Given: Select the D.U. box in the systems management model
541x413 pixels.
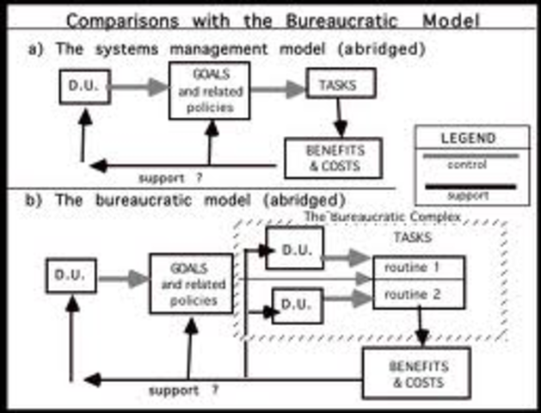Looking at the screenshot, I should click(x=85, y=87).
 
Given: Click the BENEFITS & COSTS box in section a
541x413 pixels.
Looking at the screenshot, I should click(x=333, y=157).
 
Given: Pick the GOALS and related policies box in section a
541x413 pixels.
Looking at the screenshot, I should click(x=209, y=90).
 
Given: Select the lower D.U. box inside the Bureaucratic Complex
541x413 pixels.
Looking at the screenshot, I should click(x=297, y=304).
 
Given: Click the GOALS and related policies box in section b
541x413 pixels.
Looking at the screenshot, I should click(x=191, y=283).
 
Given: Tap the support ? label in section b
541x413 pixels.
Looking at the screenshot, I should click(x=182, y=390).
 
